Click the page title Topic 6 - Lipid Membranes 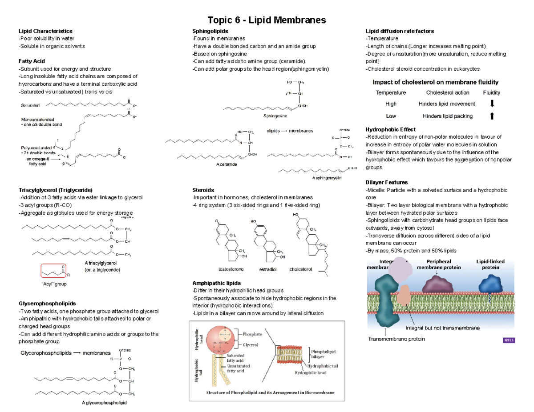click(x=267, y=20)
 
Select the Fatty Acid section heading click(x=32, y=61)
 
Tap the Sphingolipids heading click(x=210, y=31)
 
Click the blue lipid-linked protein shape click(x=490, y=283)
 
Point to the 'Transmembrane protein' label click(x=396, y=339)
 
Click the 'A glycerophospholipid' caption click(x=104, y=403)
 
